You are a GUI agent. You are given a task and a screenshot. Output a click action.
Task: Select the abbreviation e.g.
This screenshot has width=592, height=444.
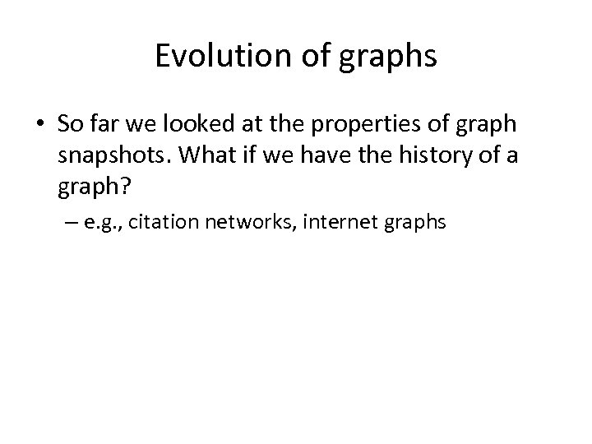pyautogui.click(x=102, y=221)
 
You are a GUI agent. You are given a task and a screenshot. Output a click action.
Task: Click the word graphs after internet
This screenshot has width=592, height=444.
pyautogui.click(x=415, y=221)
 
